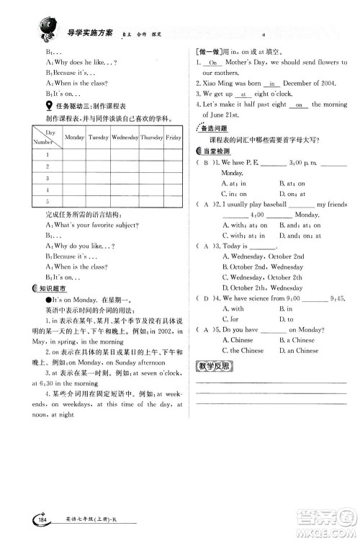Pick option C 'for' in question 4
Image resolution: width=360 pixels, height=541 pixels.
click(x=231, y=319)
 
